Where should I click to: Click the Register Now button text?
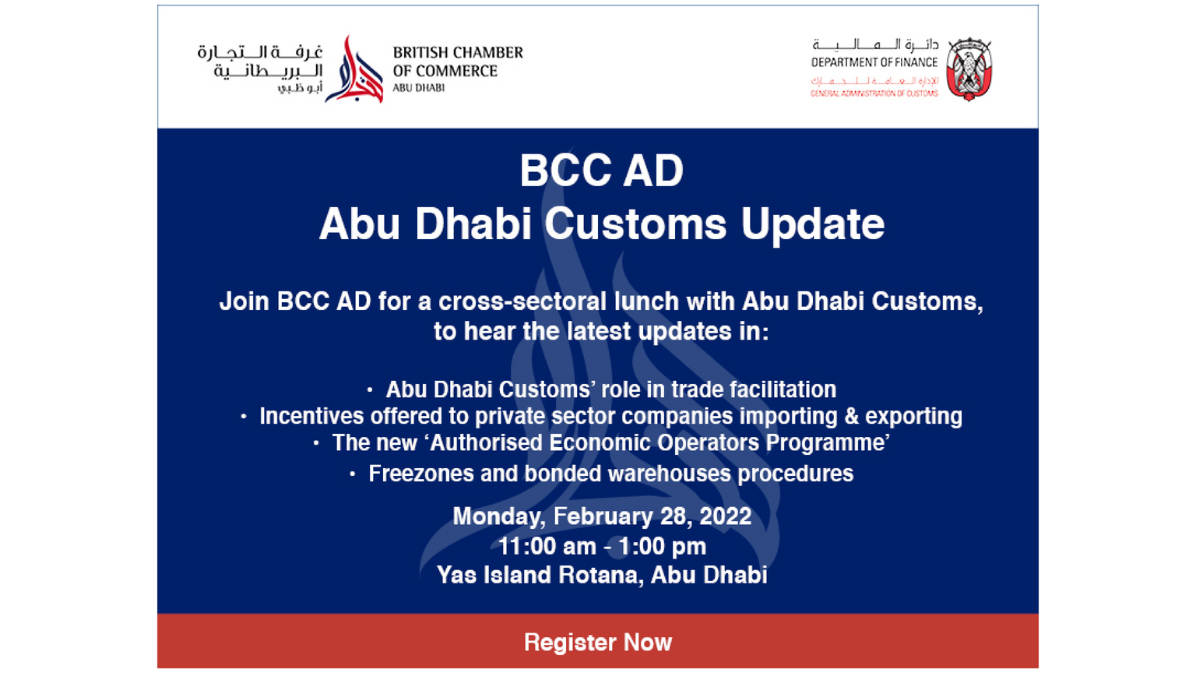pyautogui.click(x=597, y=642)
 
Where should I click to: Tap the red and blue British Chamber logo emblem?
pyautogui.click(x=354, y=69)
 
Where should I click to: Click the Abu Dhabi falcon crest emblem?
pyautogui.click(x=969, y=69)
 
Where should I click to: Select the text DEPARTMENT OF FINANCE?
pyautogui.click(x=874, y=62)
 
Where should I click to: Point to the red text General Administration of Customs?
pyautogui.click(x=874, y=93)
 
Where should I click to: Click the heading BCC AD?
pyautogui.click(x=601, y=171)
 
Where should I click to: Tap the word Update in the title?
pyautogui.click(x=812, y=224)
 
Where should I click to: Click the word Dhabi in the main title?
pyautogui.click(x=473, y=224)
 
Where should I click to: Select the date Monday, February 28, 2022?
pyautogui.click(x=602, y=516)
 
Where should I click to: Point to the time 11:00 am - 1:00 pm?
pyautogui.click(x=602, y=546)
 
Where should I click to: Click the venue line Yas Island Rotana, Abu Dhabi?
pyautogui.click(x=602, y=576)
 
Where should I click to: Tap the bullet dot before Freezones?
pyautogui.click(x=352, y=474)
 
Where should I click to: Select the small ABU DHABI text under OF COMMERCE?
pyautogui.click(x=419, y=88)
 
